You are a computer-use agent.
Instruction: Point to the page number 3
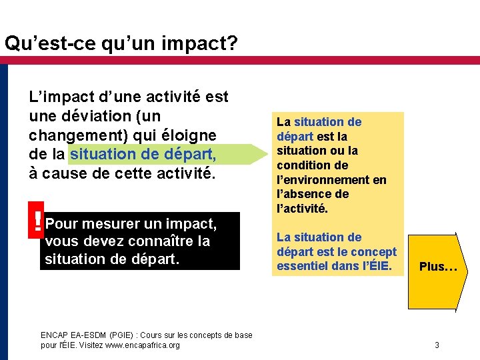[x=437, y=345]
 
